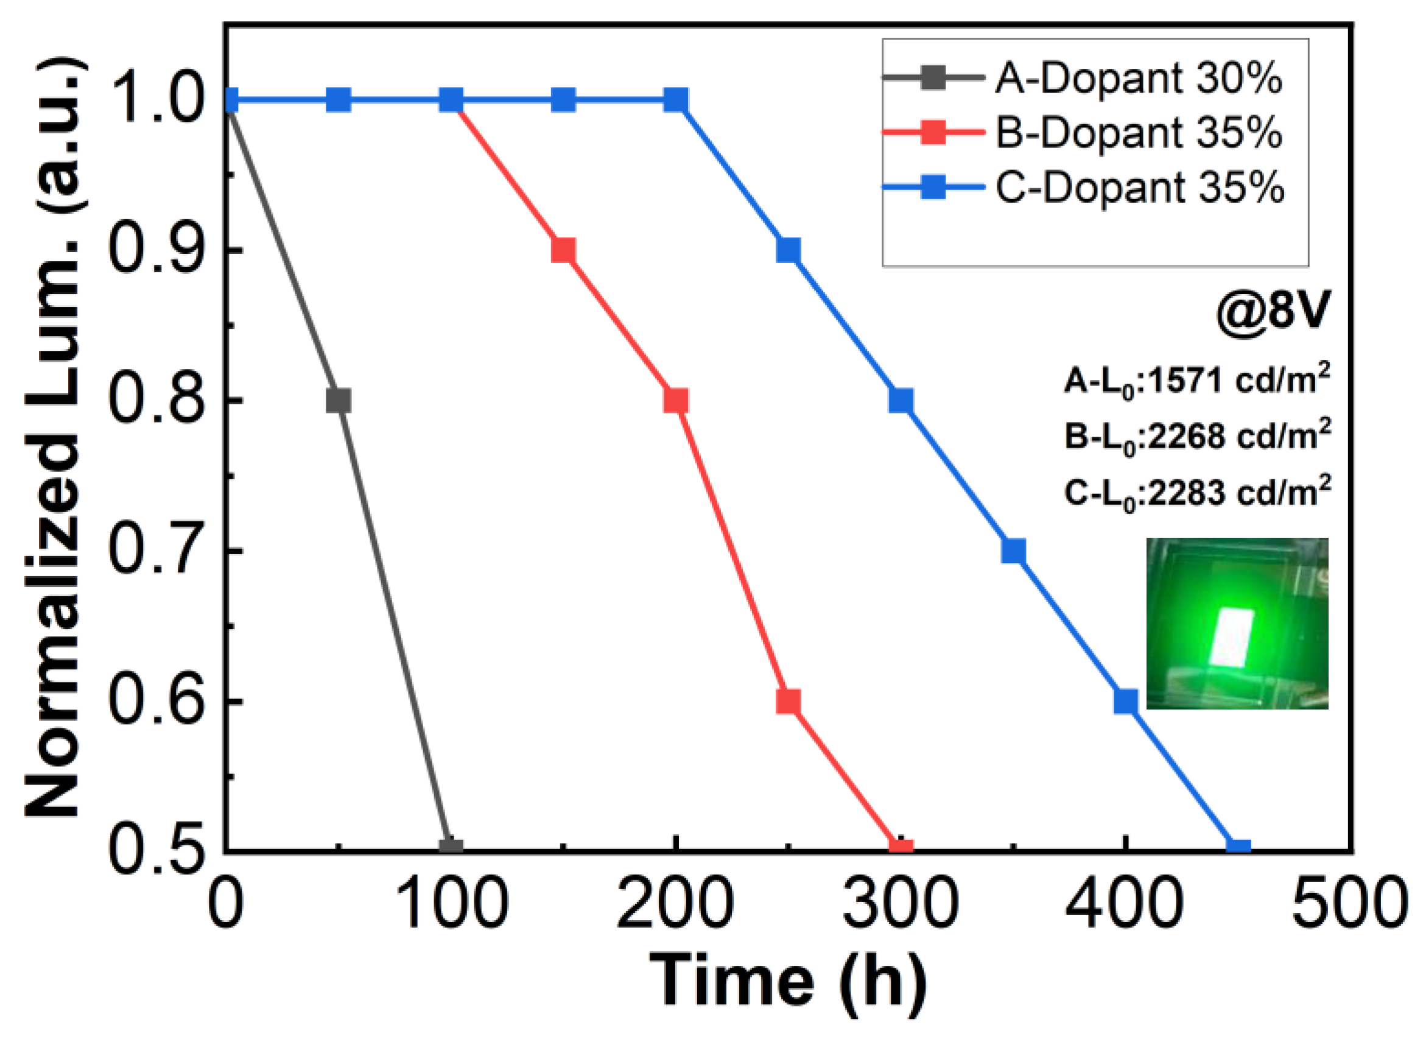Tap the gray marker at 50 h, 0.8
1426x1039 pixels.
tap(339, 401)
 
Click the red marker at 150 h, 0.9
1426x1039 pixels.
tap(563, 250)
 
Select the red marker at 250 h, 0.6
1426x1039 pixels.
tap(788, 701)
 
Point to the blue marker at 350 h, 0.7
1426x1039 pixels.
tap(1013, 552)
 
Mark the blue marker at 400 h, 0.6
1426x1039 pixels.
tap(1125, 701)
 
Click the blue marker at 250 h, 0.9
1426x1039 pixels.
tap(788, 250)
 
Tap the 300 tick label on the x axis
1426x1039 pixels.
tap(901, 904)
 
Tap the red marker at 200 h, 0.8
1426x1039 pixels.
tap(675, 401)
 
